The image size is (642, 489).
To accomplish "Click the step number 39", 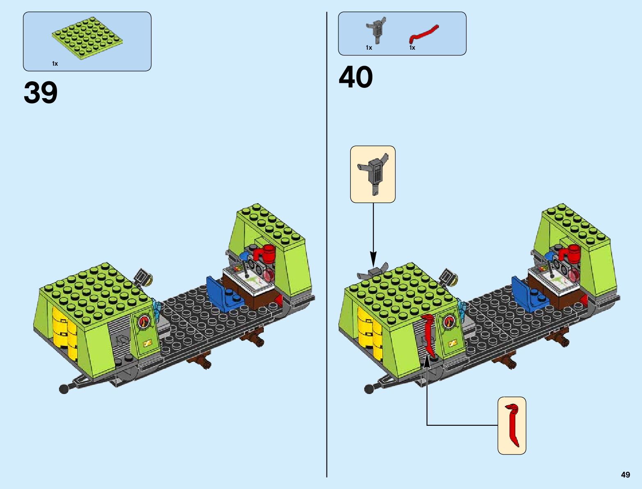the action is [41, 93].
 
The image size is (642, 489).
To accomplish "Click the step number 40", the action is [356, 77].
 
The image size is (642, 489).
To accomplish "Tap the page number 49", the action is [625, 475].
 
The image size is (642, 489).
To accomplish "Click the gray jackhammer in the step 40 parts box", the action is [375, 29].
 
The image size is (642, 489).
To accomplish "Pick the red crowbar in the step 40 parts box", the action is [424, 34].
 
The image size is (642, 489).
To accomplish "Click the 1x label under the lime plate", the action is [55, 64].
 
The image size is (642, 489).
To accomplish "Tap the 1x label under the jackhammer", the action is [369, 48].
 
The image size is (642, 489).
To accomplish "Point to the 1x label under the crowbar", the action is [412, 48].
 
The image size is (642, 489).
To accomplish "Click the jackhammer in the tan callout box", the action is [373, 172].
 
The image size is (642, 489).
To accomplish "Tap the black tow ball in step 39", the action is [64, 388].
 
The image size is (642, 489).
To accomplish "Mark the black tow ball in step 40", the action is [369, 388].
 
